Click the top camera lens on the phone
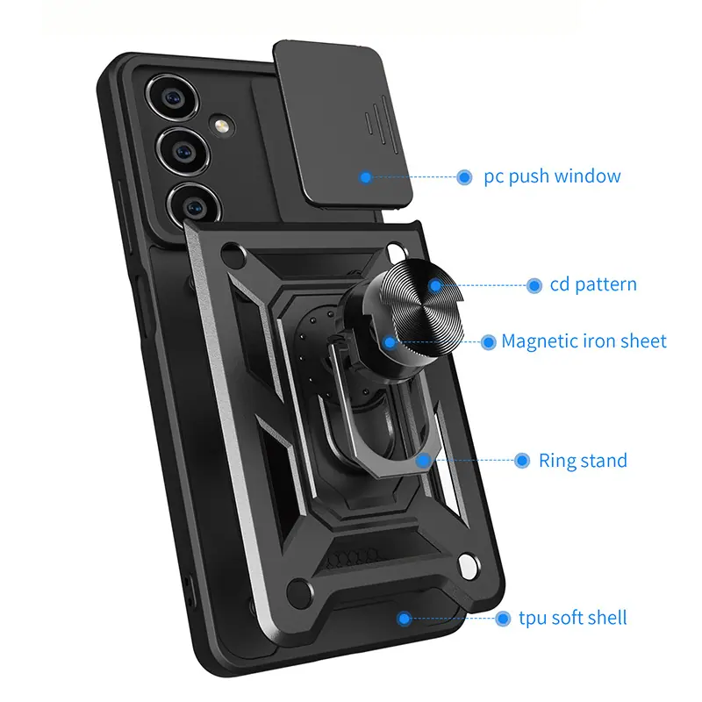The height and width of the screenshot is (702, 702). [x=172, y=97]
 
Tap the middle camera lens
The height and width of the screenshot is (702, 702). [x=183, y=152]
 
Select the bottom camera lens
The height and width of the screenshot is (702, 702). [x=195, y=206]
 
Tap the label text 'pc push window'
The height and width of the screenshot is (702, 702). [x=552, y=176]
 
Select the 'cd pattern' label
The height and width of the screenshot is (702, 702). [x=593, y=284]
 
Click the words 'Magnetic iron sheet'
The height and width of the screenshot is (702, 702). [x=584, y=341]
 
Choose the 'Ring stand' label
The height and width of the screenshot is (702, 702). [x=583, y=460]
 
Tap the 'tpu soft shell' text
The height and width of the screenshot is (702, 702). [x=573, y=618]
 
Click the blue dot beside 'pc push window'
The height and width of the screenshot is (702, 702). [x=464, y=177]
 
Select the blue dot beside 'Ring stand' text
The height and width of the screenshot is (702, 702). [x=522, y=460]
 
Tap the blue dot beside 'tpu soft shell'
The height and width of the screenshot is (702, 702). [x=503, y=619]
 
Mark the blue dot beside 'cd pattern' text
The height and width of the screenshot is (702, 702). [x=534, y=285]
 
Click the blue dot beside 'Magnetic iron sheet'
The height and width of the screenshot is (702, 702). [x=489, y=342]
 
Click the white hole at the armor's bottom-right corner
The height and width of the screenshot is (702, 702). [x=469, y=566]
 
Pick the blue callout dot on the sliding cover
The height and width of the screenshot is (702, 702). [x=366, y=177]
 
